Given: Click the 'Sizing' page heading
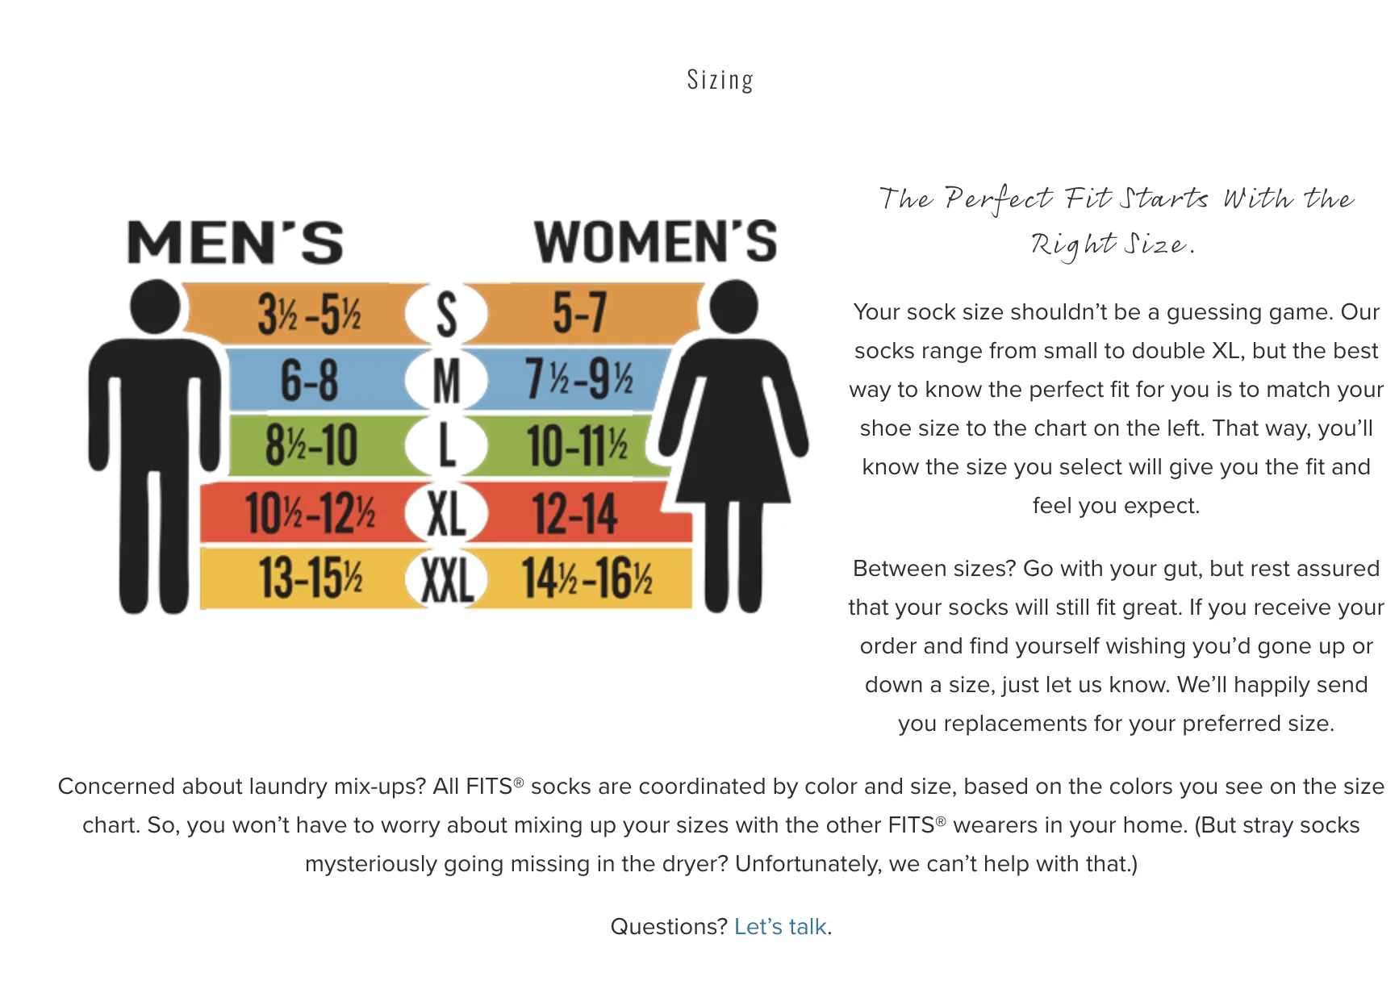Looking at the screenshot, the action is [720, 80].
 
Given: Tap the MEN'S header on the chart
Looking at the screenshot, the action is [235, 242].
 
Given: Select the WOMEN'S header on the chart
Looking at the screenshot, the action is [655, 241].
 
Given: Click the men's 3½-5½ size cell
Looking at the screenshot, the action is [309, 313].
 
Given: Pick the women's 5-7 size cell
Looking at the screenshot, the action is [579, 312].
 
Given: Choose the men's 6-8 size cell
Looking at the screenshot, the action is [309, 380].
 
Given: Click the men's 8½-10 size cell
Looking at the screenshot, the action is [311, 445].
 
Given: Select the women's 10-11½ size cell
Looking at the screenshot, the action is [578, 445].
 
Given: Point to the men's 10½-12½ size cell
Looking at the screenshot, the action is [310, 512].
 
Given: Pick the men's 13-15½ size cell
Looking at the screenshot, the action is [311, 578].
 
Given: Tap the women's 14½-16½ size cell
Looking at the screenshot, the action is [587, 578].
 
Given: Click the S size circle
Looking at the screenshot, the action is [446, 314].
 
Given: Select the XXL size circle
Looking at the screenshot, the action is [446, 578].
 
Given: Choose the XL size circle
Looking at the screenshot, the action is [446, 513].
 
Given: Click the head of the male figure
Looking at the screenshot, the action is [155, 307].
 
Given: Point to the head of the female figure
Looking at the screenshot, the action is [733, 307].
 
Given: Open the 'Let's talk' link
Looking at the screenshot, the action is [780, 926].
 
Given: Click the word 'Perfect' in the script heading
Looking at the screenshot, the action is [998, 198].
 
